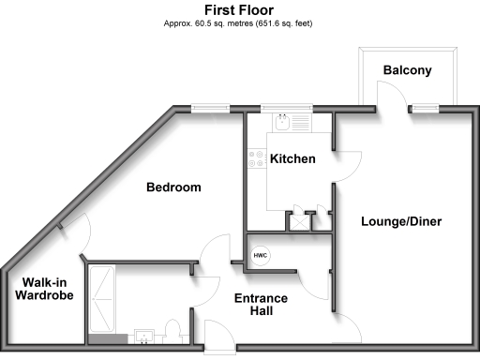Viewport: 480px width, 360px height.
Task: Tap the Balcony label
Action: tap(407, 70)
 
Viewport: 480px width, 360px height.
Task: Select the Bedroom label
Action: tap(173, 187)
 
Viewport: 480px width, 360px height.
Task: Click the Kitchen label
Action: tap(292, 159)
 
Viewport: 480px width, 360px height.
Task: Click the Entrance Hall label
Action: tap(261, 306)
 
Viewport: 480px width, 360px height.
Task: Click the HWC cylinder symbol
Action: tap(260, 256)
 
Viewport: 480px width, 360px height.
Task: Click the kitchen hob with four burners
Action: tap(255, 160)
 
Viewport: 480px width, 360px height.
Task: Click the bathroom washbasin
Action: tap(144, 336)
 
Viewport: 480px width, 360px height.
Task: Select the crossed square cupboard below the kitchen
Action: tap(301, 221)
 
